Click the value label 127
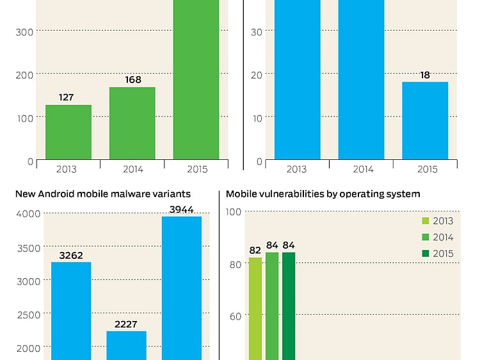[x=66, y=98]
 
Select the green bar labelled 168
[x=132, y=123]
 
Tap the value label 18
[x=425, y=75]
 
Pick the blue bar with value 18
[x=425, y=121]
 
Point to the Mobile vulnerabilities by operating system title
[x=323, y=194]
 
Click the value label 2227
[x=126, y=324]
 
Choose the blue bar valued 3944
[x=181, y=288]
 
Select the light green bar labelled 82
[x=255, y=308]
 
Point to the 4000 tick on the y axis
[x=28, y=213]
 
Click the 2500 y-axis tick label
[x=28, y=314]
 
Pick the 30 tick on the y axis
[x=257, y=30]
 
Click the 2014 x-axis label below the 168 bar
[x=132, y=169]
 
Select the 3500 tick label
[x=28, y=247]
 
